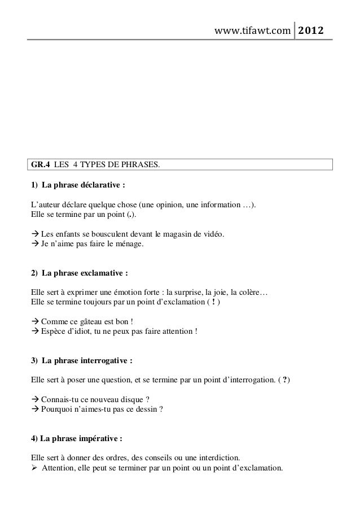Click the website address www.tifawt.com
(252, 29)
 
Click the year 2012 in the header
(311, 29)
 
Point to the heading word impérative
(97, 438)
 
